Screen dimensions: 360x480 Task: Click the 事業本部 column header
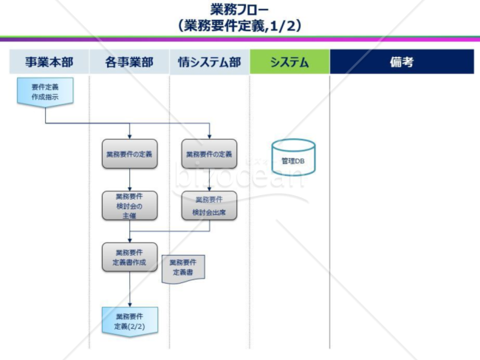click(x=48, y=62)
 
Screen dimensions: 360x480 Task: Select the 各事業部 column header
click(x=129, y=62)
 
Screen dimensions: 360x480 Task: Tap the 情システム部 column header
click(x=210, y=62)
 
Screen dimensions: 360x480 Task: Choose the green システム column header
click(x=289, y=62)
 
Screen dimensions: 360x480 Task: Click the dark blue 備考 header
click(x=401, y=62)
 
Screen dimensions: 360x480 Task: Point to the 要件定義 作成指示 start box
click(x=45, y=92)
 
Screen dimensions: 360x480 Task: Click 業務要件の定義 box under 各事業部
click(x=129, y=154)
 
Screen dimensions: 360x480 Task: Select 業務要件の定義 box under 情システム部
click(x=210, y=154)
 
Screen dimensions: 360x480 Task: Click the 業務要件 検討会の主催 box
click(x=129, y=206)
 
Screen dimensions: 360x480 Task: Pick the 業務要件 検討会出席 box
click(x=210, y=206)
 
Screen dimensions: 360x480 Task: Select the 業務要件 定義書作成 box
click(x=129, y=257)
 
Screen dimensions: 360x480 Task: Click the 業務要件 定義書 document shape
click(x=183, y=268)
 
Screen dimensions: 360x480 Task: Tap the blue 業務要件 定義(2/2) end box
click(x=129, y=321)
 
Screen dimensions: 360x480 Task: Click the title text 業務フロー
click(x=239, y=10)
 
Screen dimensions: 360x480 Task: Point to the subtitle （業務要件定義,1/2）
click(x=239, y=26)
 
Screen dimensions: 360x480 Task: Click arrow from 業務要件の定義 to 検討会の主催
click(x=129, y=180)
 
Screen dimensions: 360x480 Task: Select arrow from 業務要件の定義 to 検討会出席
click(x=210, y=180)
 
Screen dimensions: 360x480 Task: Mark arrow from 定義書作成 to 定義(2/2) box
click(x=129, y=289)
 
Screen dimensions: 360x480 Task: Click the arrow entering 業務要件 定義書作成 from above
click(x=129, y=235)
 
